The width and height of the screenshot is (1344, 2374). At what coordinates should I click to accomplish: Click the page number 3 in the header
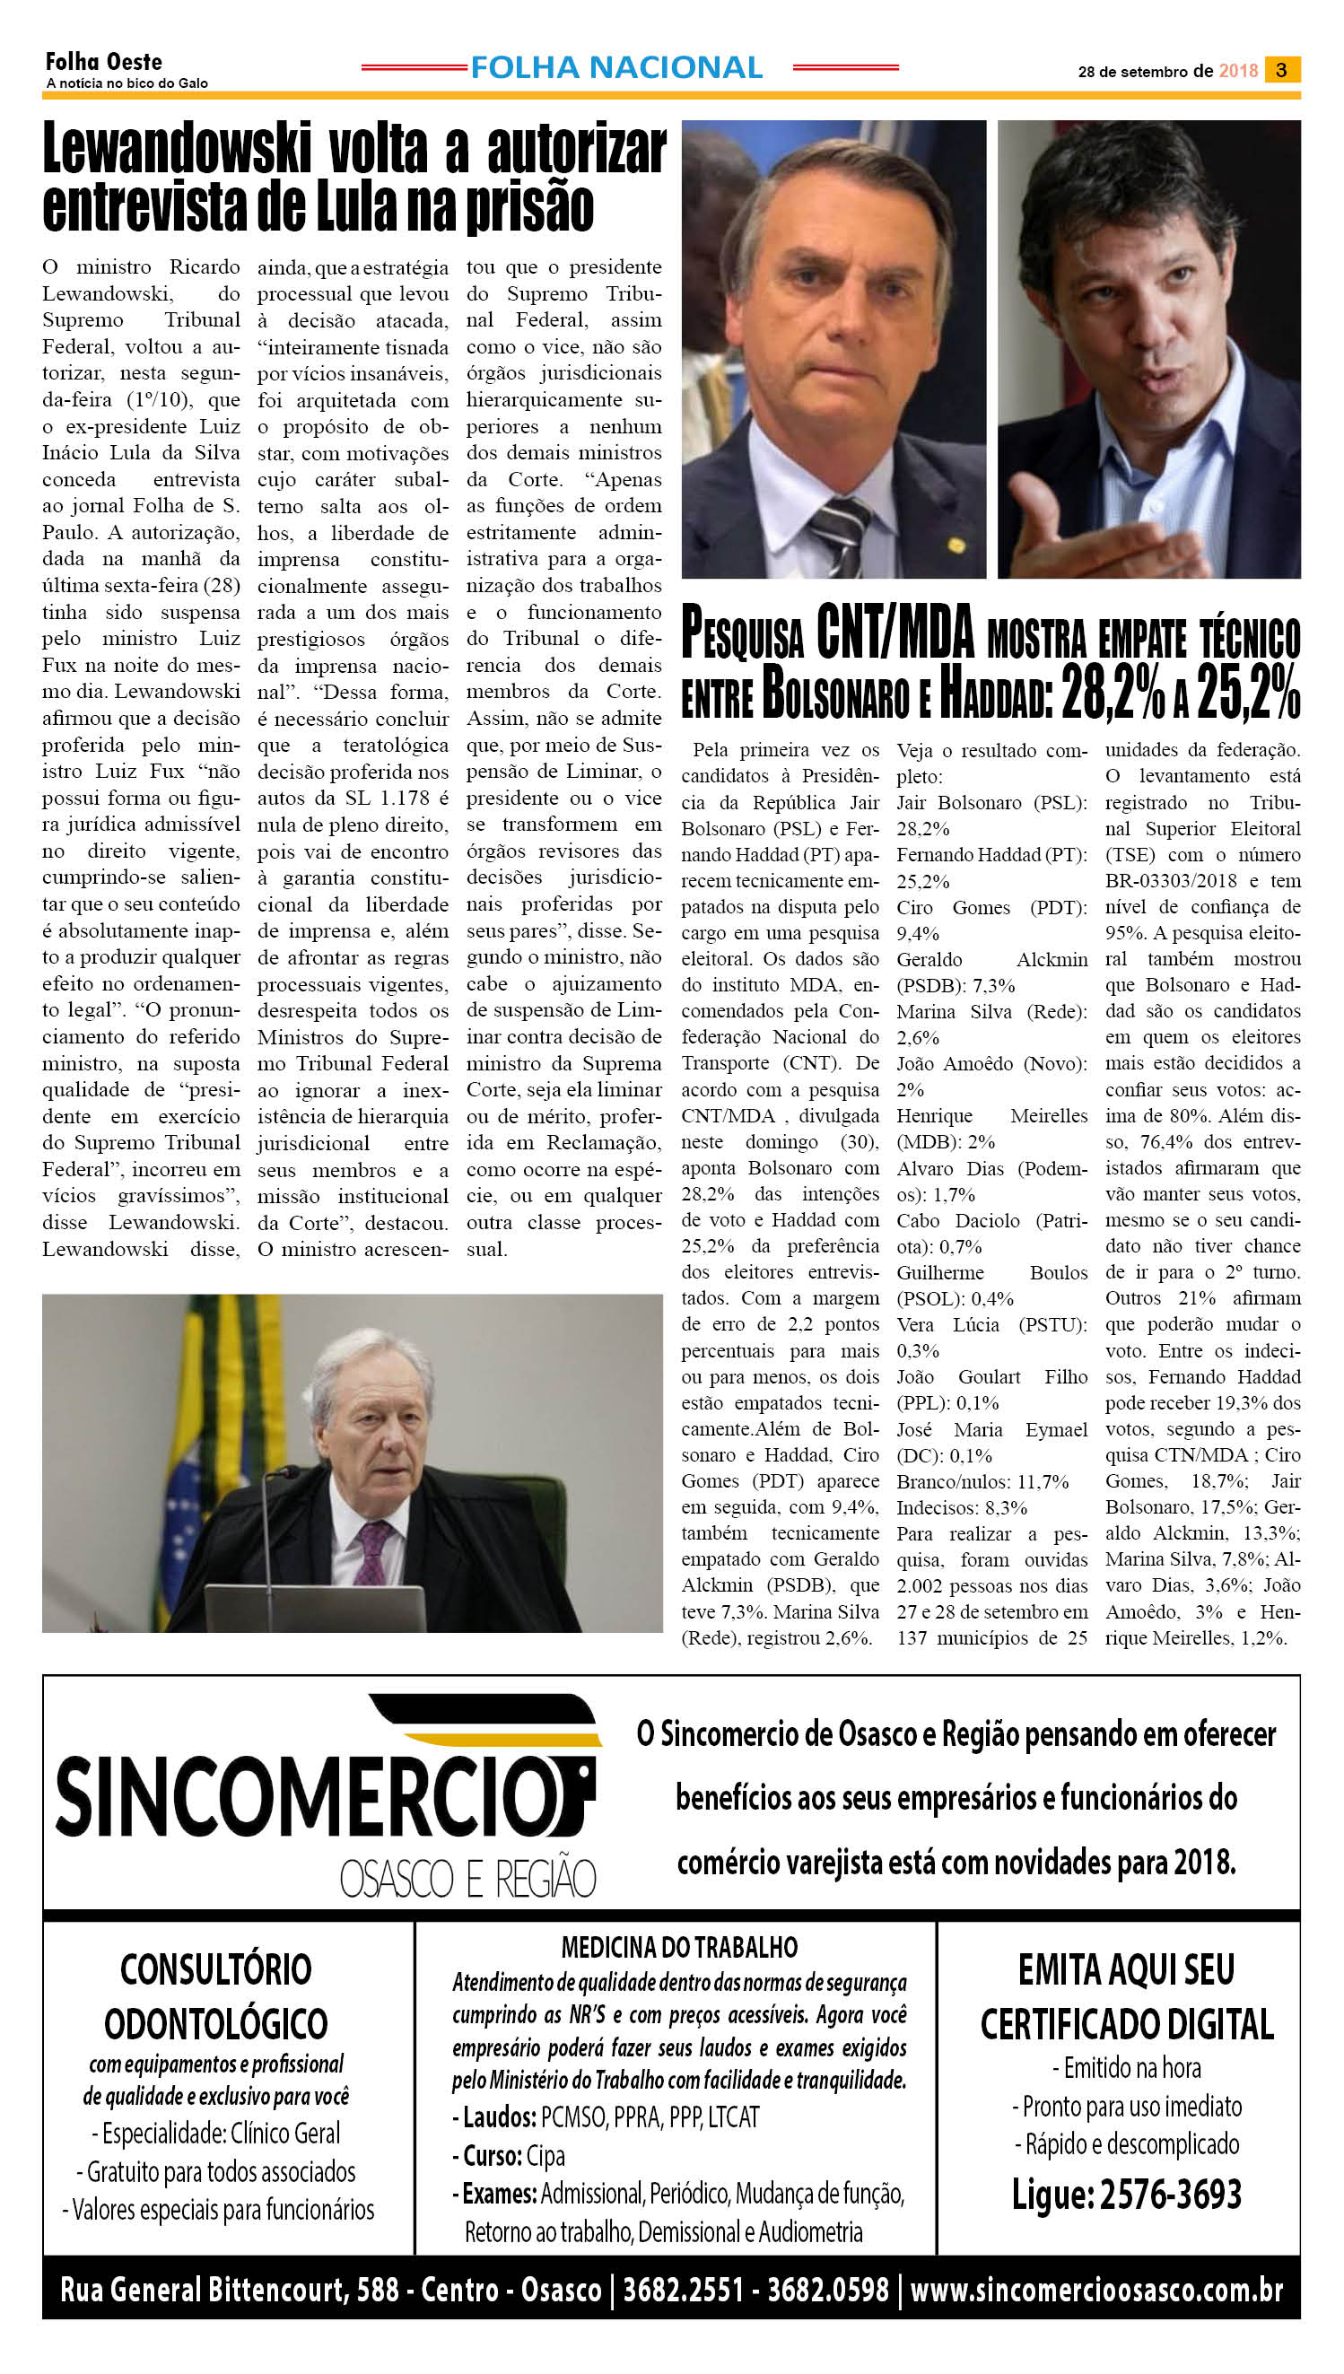coord(1281,70)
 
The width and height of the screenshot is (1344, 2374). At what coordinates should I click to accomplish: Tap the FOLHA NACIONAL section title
coord(616,67)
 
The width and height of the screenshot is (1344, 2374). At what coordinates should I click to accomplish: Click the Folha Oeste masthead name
coord(103,62)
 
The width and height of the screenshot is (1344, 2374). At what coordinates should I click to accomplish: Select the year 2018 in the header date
coord(1238,71)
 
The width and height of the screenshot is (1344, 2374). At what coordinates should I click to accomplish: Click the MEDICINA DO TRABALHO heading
coord(679,1948)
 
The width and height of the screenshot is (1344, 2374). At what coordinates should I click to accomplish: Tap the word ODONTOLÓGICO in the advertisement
coord(216,2024)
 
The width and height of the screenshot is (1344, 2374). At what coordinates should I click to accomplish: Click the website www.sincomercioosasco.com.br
coord(1096,2289)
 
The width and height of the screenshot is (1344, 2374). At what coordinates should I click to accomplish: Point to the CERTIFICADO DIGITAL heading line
coord(1126,2024)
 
